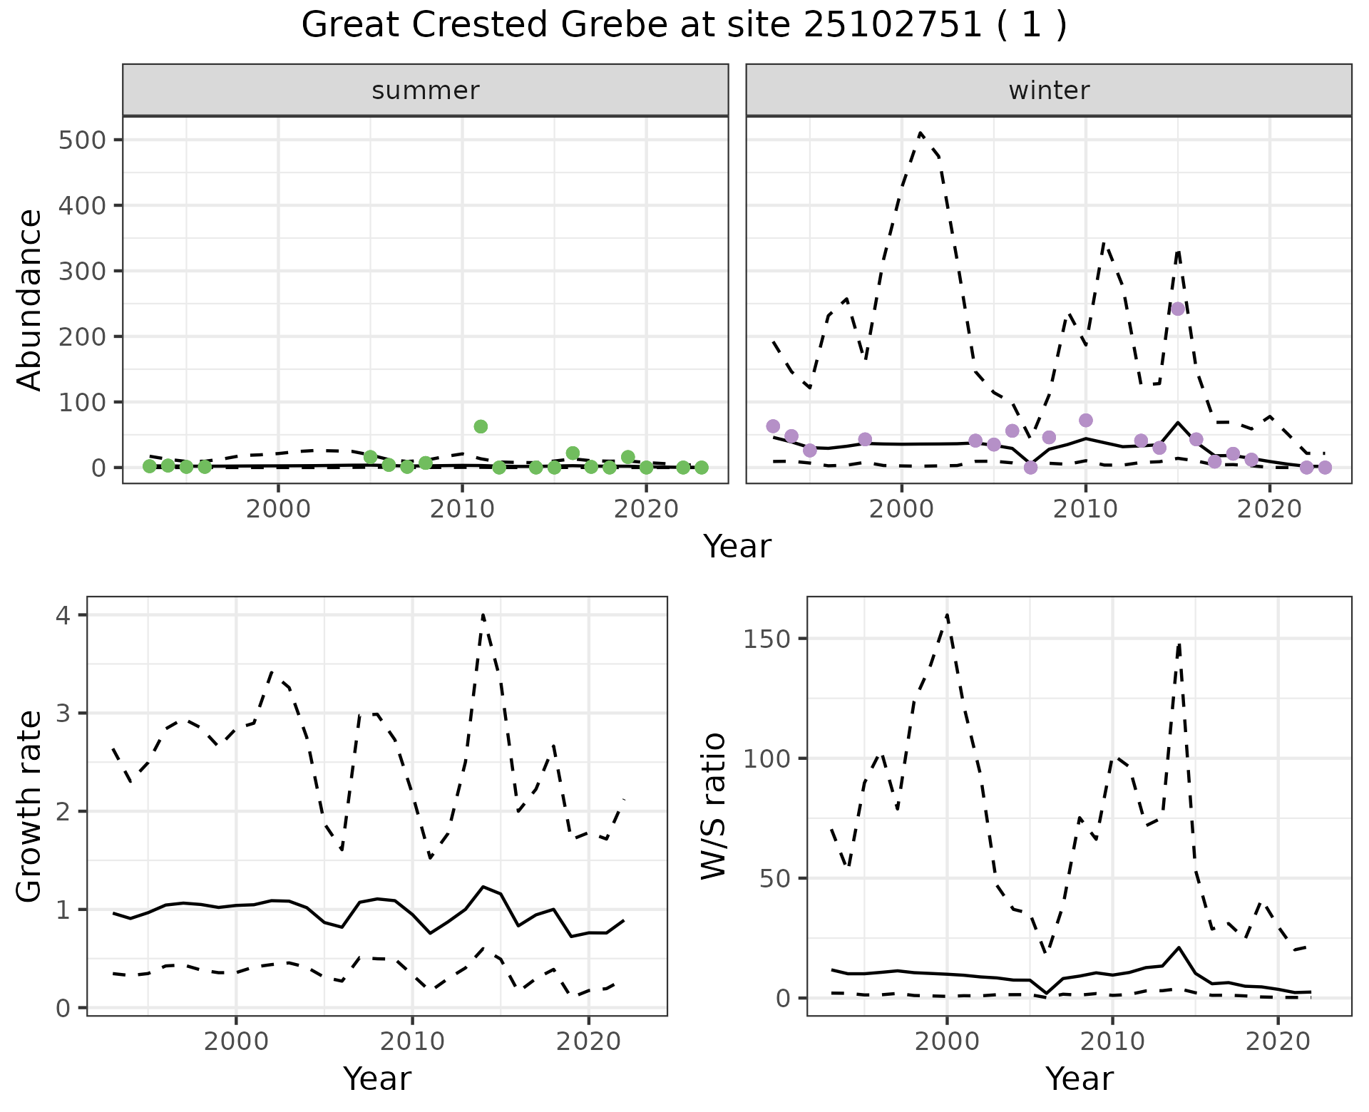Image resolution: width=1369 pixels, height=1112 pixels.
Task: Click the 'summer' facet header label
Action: pyautogui.click(x=426, y=91)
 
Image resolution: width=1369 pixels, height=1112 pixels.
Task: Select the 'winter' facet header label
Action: pyautogui.click(x=1049, y=91)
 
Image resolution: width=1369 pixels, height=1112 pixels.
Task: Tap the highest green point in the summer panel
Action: pyautogui.click(x=481, y=426)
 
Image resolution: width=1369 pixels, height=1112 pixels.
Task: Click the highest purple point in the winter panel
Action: pyautogui.click(x=1178, y=309)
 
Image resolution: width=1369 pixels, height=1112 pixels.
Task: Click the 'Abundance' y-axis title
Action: pyautogui.click(x=30, y=300)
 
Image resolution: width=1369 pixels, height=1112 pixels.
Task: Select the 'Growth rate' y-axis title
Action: pyautogui.click(x=30, y=806)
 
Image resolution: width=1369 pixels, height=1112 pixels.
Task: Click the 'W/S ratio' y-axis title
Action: pyautogui.click(x=713, y=806)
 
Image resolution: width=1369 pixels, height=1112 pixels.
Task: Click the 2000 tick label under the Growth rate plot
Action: pyautogui.click(x=236, y=1041)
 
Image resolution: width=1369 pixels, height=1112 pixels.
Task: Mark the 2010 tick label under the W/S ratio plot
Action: pyautogui.click(x=1112, y=1041)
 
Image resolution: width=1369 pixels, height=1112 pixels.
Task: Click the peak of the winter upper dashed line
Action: pyautogui.click(x=921, y=133)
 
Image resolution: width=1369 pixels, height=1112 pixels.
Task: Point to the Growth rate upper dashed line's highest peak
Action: pyautogui.click(x=483, y=614)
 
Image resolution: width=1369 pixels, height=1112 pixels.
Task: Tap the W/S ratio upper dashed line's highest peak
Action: pyautogui.click(x=947, y=614)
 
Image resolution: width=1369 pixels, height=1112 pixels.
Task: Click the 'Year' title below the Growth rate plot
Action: pyautogui.click(x=377, y=1079)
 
